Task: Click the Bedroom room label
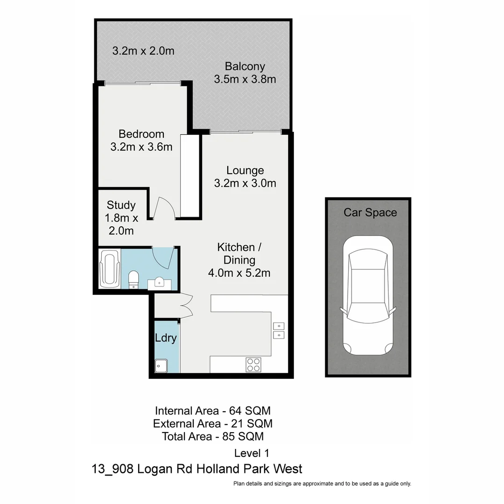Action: click(141, 134)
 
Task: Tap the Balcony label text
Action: click(245, 66)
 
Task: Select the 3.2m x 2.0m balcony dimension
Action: click(143, 51)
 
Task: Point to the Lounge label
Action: click(245, 170)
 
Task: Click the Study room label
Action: click(121, 205)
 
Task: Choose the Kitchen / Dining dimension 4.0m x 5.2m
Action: click(239, 273)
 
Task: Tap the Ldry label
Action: click(166, 338)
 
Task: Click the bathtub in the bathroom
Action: click(109, 270)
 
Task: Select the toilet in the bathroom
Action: click(133, 279)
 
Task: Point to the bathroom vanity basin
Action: click(159, 282)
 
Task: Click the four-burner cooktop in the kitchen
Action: click(253, 364)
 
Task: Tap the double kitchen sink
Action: click(278, 330)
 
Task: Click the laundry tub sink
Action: click(161, 366)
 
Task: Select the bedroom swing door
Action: click(165, 208)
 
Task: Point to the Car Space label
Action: click(370, 213)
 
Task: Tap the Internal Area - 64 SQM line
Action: click(213, 411)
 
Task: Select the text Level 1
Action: click(252, 453)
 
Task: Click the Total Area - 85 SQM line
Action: click(213, 437)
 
